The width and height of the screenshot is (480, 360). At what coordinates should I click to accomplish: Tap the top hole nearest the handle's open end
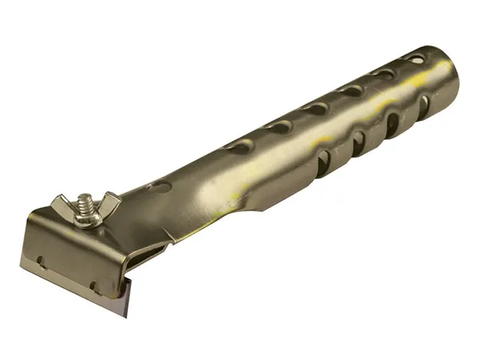pos(415,58)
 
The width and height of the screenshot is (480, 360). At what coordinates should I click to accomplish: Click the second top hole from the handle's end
pos(385,74)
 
